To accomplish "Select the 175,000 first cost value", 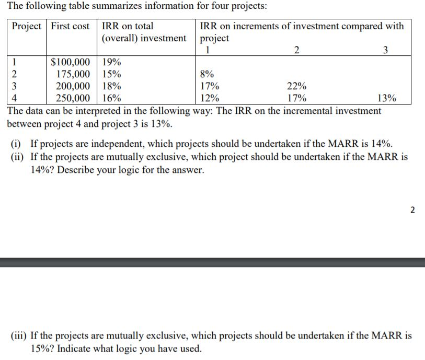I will click(73, 74).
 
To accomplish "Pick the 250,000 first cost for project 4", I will click(73, 98).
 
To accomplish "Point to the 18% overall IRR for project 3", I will click(111, 86).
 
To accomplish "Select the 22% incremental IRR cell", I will click(297, 86).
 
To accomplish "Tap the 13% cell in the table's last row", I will click(386, 98).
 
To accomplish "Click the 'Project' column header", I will click(27, 26).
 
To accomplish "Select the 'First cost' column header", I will click(70, 26).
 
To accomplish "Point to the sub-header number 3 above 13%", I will click(386, 50).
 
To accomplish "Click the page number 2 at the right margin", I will click(412, 210).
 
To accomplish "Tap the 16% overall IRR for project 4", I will click(111, 98).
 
